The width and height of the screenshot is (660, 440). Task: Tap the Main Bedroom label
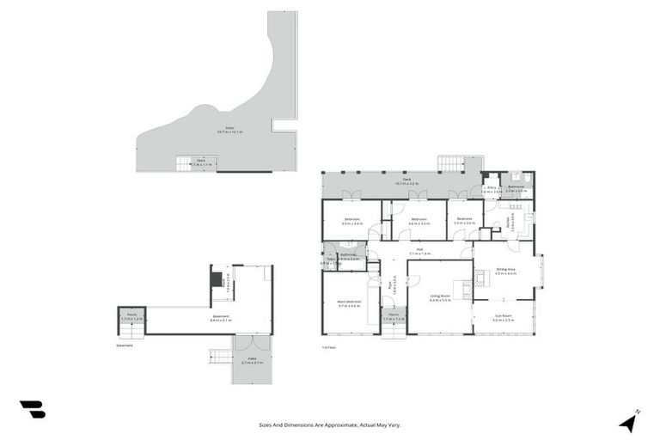348,303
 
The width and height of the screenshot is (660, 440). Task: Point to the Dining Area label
506,271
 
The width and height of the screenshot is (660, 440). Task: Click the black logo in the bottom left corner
33,410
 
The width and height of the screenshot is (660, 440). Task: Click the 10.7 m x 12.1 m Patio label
230,131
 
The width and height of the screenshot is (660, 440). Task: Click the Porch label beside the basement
131,317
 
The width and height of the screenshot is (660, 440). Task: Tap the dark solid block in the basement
216,279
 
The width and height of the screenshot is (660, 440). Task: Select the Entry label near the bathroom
491,189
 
